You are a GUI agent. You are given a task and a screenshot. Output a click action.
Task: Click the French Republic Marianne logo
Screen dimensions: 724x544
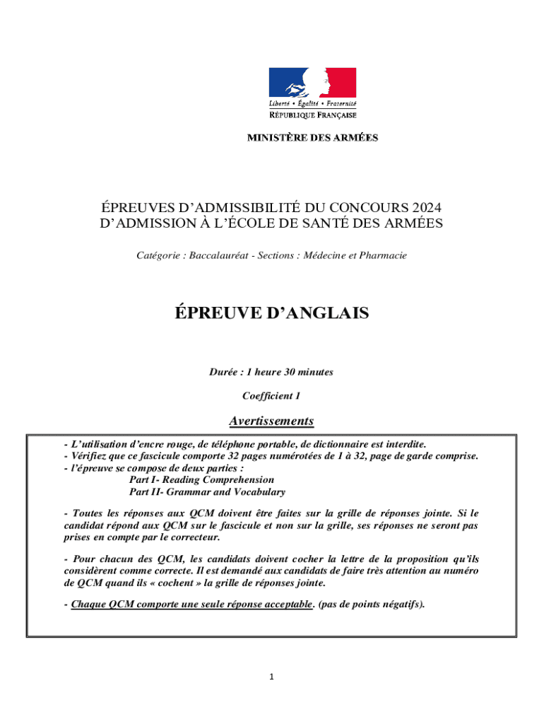312,83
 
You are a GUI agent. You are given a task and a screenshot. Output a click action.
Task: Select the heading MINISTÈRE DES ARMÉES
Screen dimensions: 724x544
312,138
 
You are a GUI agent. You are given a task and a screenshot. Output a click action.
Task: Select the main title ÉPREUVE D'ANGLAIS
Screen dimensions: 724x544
271,313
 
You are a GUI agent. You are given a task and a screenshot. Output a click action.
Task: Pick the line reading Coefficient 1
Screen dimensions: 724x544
271,396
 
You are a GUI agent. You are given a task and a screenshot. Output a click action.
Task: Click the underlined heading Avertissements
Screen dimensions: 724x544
271,421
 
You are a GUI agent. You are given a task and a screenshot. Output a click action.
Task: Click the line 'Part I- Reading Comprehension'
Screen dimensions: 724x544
201,479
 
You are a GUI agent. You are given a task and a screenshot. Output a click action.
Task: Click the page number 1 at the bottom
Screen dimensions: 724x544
271,677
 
